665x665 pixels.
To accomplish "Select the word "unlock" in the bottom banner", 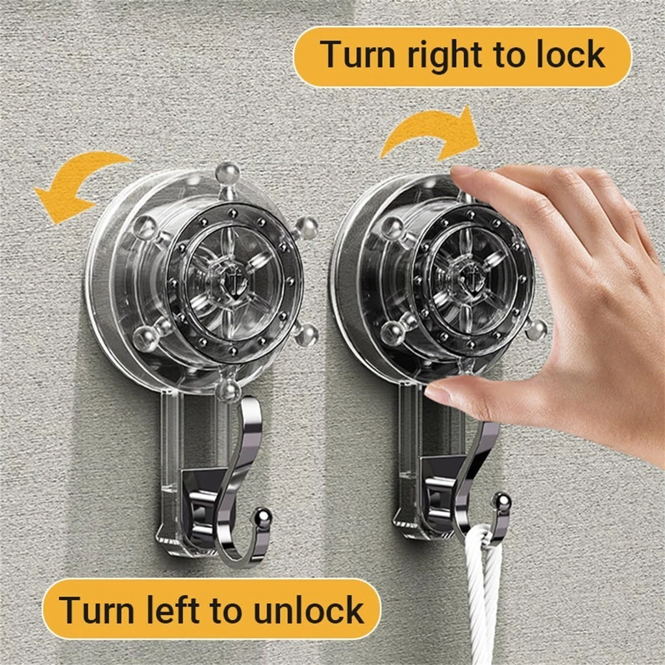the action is point(308,609).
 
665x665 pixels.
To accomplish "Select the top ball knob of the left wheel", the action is point(228,174).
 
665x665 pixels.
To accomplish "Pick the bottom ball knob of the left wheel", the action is point(228,390).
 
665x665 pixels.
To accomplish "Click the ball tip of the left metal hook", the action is point(263,517).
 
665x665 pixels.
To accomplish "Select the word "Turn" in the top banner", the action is point(358,55).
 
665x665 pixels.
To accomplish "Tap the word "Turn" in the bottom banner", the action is point(96,609).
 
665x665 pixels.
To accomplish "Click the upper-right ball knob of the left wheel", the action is point(307,228).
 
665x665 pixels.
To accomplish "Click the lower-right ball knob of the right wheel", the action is point(536,329).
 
